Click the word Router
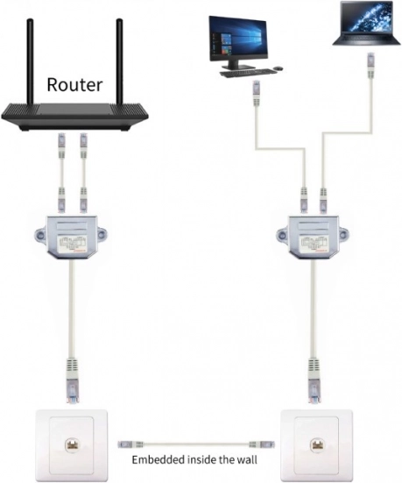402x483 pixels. coord(74,85)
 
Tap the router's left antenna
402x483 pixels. coord(30,61)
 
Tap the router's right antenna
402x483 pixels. coord(119,61)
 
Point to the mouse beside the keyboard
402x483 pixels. coord(279,68)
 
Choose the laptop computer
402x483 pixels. coord(367,23)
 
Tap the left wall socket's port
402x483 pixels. coord(72,445)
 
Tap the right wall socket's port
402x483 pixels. coord(316,445)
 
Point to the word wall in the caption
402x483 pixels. coord(247,459)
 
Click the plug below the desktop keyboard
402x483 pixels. coord(257,93)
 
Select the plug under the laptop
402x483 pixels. coord(371,66)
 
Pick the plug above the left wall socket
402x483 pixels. coord(72,380)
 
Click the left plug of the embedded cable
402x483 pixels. coord(130,444)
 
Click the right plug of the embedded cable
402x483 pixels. coord(262,444)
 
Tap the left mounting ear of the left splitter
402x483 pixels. coord(39,237)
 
